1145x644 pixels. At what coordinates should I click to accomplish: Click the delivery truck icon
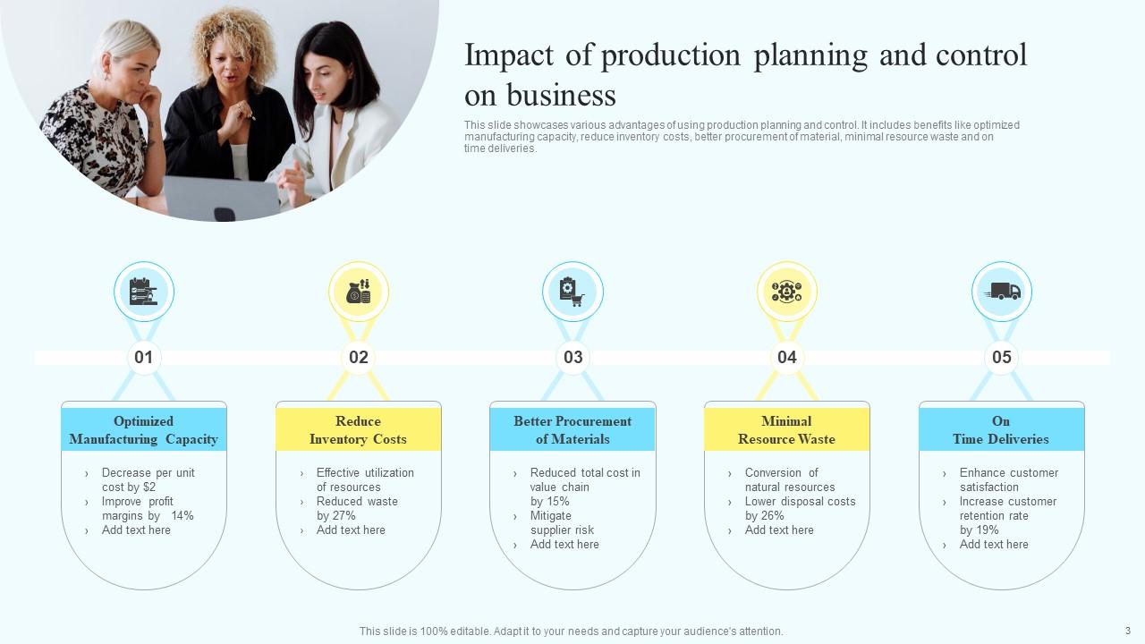pos(1002,292)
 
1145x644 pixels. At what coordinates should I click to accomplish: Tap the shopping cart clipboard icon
pos(572,292)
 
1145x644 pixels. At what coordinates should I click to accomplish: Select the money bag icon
pos(358,292)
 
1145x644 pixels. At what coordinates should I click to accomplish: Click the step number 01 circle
pos(143,358)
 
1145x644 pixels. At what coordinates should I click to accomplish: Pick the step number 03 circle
pos(572,358)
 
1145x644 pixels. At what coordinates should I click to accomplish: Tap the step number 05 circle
pos(1002,358)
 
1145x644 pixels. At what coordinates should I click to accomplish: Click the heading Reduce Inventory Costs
pos(358,430)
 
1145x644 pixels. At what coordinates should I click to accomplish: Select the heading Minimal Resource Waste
pos(786,430)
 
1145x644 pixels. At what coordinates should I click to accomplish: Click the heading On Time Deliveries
pos(1001,430)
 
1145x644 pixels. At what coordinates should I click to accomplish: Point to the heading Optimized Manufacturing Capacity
pos(143,430)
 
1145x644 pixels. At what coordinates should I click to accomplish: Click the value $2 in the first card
pos(148,487)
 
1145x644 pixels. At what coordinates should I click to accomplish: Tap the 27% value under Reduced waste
pos(343,516)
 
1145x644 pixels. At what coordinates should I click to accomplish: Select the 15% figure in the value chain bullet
pos(558,502)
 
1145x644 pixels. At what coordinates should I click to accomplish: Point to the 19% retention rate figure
pos(988,530)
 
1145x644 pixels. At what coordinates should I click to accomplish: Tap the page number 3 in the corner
pos(1128,631)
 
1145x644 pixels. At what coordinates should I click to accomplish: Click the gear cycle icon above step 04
pos(787,292)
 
